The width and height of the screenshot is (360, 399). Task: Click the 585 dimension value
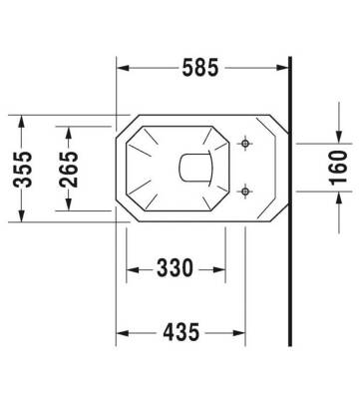point(202,69)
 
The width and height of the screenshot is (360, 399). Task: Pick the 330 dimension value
point(176,268)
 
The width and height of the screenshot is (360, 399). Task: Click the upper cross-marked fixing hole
point(245,147)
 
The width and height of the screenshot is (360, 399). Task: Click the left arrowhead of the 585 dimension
point(124,69)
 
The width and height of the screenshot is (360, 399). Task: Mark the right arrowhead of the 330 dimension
point(218,268)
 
